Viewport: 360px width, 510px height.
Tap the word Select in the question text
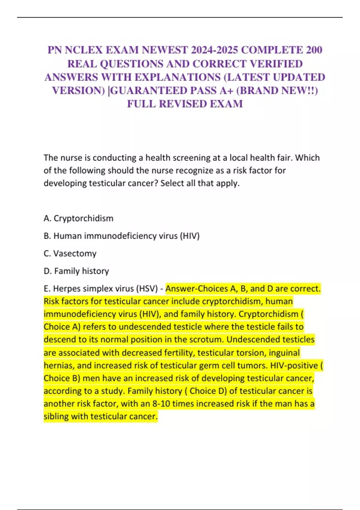172,183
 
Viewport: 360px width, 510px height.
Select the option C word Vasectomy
75,253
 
